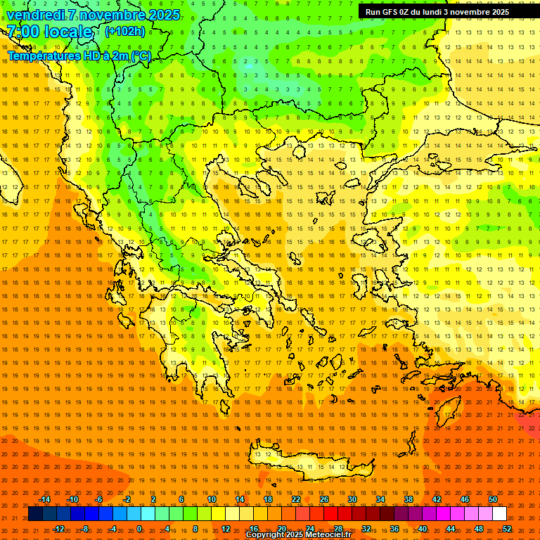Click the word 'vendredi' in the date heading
[x=35, y=15]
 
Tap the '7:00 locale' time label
[x=49, y=32]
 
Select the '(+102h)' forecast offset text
[x=124, y=32]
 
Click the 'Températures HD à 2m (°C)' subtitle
[x=79, y=56]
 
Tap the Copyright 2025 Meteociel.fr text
[x=298, y=535]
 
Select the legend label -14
[x=44, y=499]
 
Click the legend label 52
[x=507, y=528]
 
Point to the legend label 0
[x=139, y=528]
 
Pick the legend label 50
[x=493, y=499]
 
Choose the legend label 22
[x=296, y=499]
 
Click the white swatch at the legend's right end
[x=500, y=514]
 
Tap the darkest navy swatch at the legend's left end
[x=35, y=514]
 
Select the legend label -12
[x=58, y=528]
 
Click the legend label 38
[x=409, y=499]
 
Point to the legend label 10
[x=212, y=499]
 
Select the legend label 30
[x=352, y=499]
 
